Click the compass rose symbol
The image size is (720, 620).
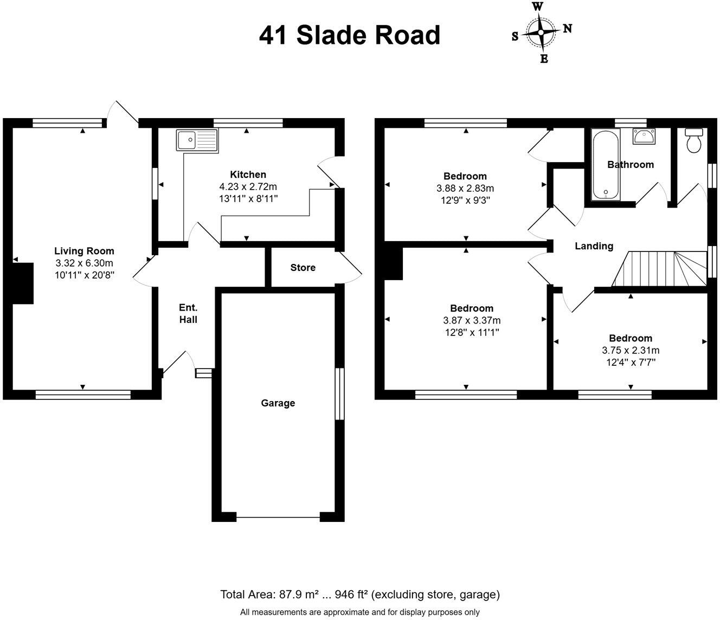click(541, 32)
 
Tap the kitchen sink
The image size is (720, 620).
click(196, 140)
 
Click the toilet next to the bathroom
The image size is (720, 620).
click(693, 140)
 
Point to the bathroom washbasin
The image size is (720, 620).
click(644, 136)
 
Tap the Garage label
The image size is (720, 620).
click(278, 403)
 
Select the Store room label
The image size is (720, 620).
click(303, 268)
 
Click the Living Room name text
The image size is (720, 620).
click(84, 251)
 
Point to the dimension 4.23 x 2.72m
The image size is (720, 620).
click(248, 186)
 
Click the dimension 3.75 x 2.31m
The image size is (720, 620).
click(631, 350)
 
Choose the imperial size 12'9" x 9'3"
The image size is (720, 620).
click(465, 200)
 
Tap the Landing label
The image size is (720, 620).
click(594, 246)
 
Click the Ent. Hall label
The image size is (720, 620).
click(188, 314)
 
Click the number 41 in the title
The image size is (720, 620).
click(273, 35)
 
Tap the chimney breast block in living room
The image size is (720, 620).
click(23, 283)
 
